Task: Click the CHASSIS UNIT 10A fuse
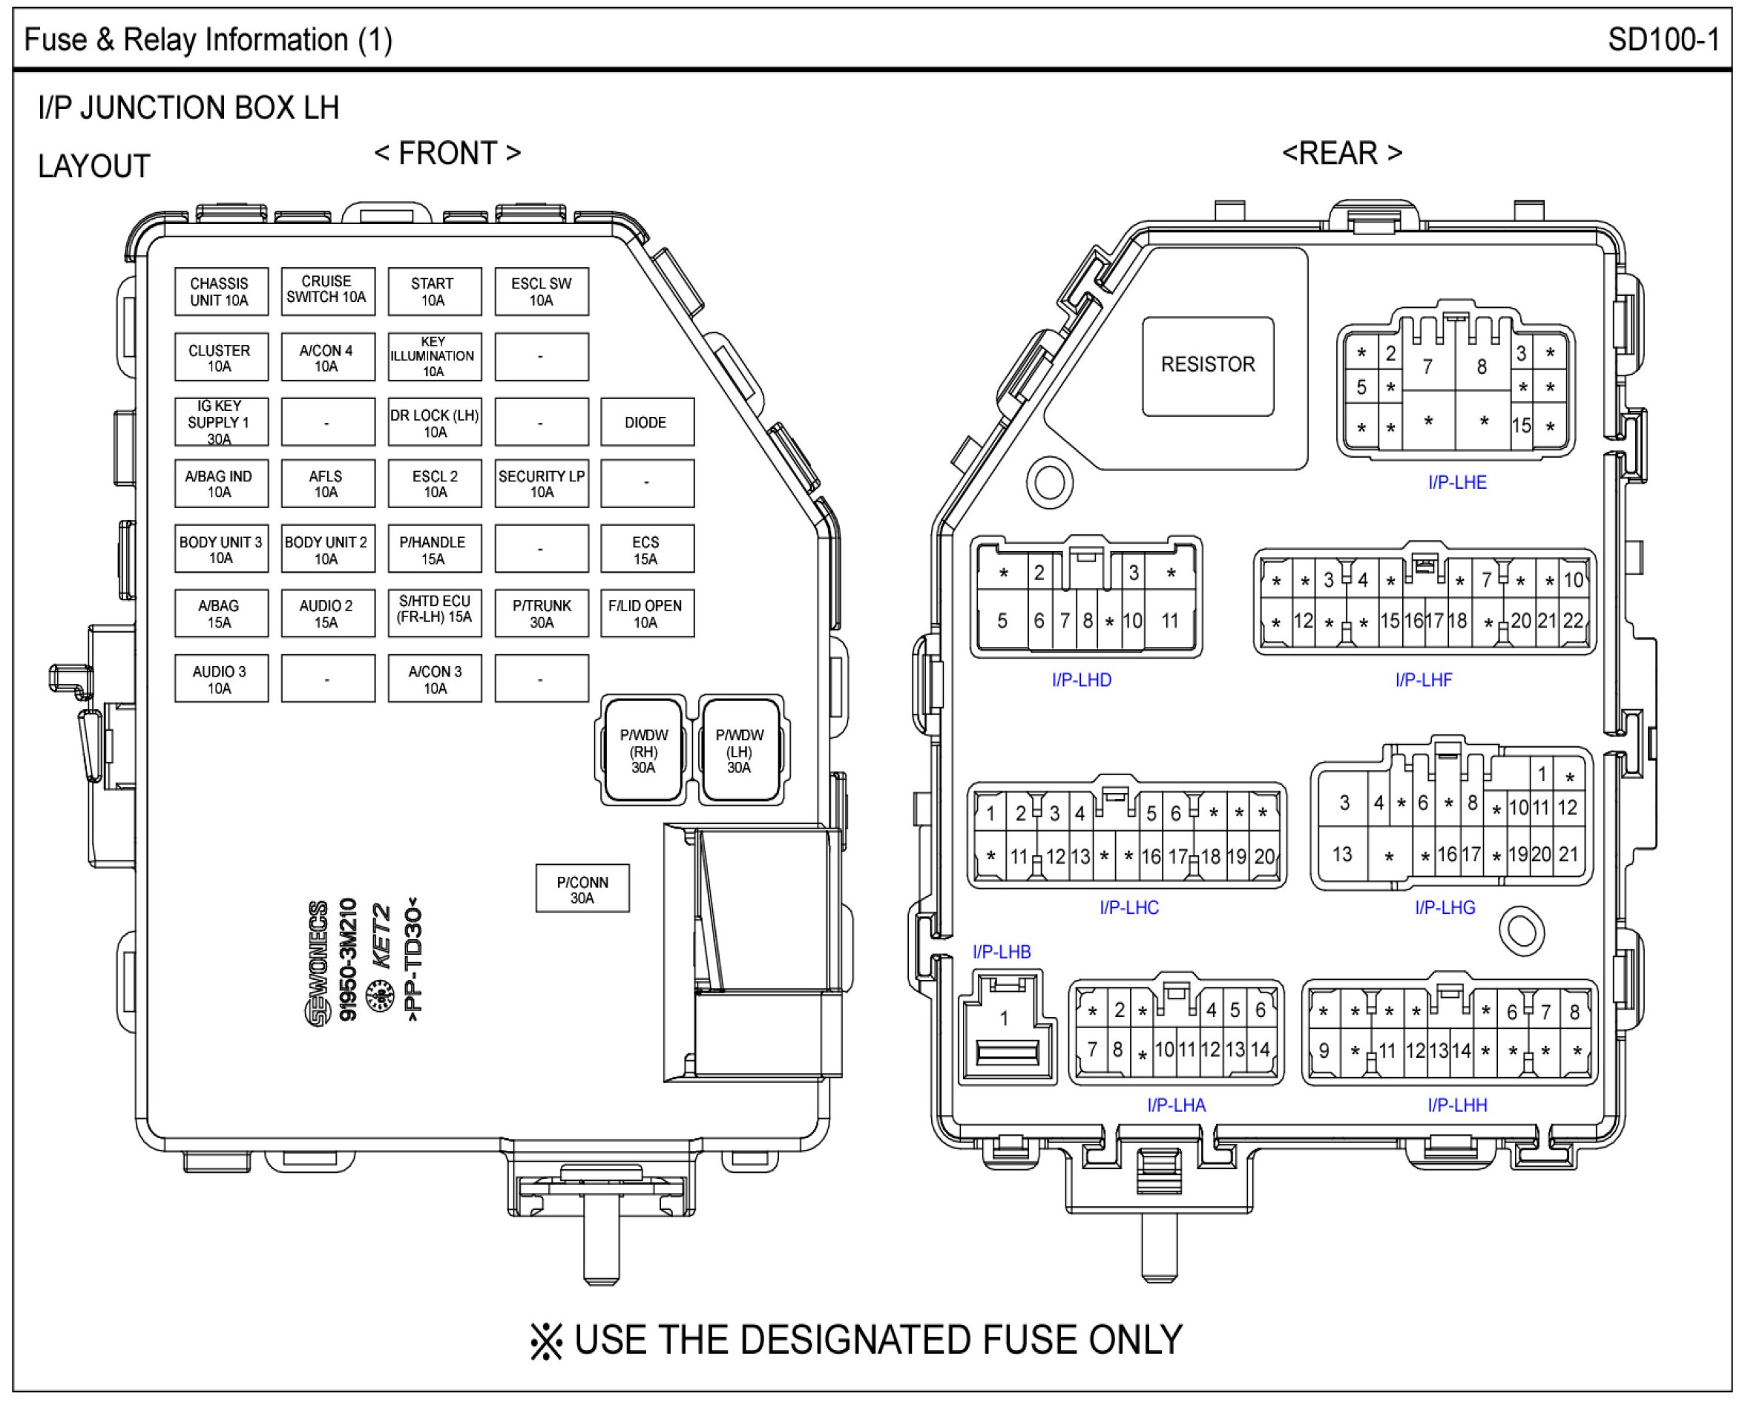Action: click(x=221, y=292)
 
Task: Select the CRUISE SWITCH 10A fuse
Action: click(x=328, y=291)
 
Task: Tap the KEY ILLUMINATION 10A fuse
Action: click(x=435, y=357)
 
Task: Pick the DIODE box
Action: click(x=647, y=421)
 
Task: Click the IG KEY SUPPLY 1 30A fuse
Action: click(x=221, y=421)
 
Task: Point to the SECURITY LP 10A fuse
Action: click(x=542, y=484)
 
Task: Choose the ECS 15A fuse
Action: click(x=647, y=550)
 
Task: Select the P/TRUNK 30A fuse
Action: click(x=542, y=613)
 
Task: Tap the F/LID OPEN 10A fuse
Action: click(x=647, y=613)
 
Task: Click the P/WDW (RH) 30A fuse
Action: click(x=644, y=750)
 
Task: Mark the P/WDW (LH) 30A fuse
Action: click(x=740, y=750)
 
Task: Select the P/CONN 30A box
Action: click(x=582, y=889)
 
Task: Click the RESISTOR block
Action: click(x=1208, y=365)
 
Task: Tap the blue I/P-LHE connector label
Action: click(x=1457, y=482)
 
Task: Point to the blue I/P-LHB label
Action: click(x=1002, y=952)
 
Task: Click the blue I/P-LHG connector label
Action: click(x=1445, y=907)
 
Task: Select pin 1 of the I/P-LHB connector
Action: click(x=1005, y=1018)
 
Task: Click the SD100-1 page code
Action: click(x=1663, y=39)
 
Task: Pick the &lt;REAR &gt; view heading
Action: click(x=1342, y=153)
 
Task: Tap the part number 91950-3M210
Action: click(x=348, y=960)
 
